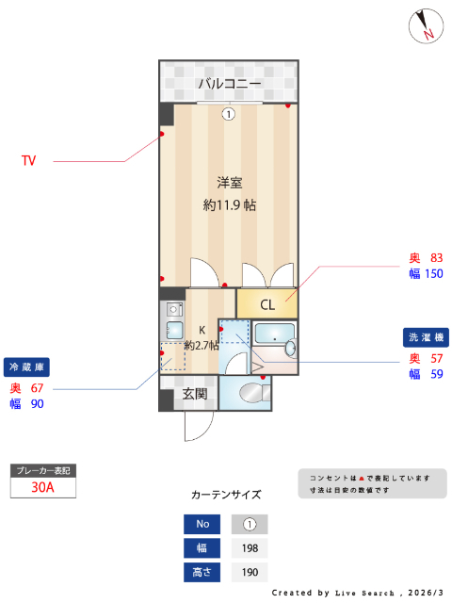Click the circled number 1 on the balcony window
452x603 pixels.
click(229, 115)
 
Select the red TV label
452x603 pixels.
click(29, 161)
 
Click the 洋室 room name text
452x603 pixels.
click(230, 182)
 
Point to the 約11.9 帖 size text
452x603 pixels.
click(230, 204)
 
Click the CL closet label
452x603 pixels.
click(267, 304)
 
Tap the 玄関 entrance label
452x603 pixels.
click(195, 394)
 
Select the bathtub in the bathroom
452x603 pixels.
click(275, 337)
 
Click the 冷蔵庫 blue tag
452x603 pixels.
click(28, 366)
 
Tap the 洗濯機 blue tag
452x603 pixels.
click(427, 336)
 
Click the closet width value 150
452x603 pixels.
click(433, 274)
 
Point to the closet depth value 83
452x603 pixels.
click(436, 258)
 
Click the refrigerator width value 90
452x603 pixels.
click(38, 404)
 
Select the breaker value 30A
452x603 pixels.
click(42, 487)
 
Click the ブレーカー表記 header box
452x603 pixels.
click(42, 469)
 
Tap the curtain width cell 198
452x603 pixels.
click(250, 547)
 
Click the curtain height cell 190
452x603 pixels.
click(250, 572)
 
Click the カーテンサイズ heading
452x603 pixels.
click(226, 494)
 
